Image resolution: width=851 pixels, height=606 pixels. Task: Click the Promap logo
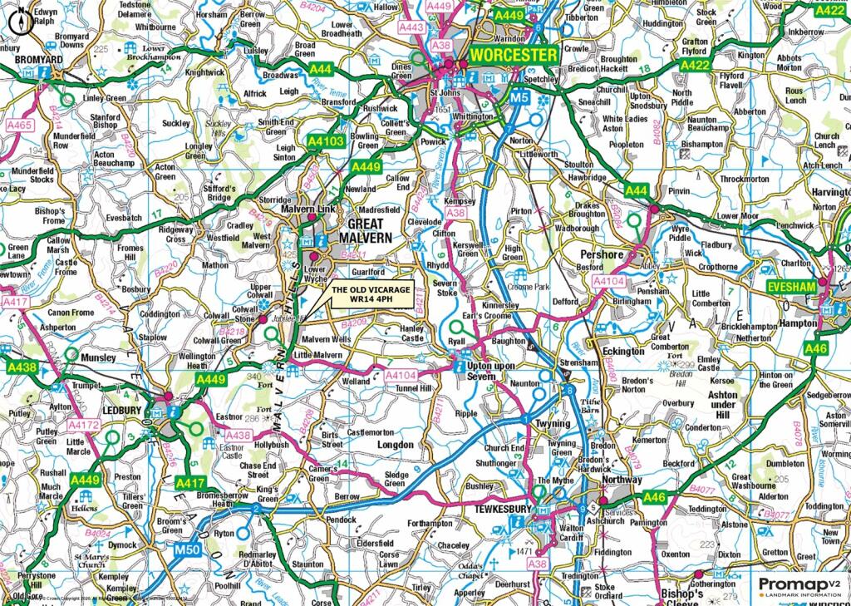tap(799, 585)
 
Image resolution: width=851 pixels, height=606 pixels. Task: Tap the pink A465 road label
tap(19, 125)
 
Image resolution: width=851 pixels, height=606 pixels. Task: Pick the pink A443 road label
tap(411, 27)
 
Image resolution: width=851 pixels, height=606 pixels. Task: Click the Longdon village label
tap(395, 445)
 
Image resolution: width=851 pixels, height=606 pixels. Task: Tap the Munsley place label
tap(100, 357)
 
